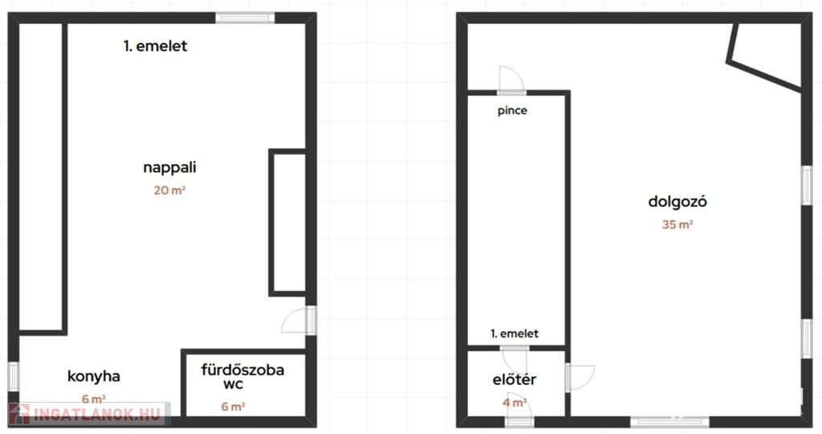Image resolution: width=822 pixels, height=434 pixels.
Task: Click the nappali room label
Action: pyautogui.click(x=169, y=168)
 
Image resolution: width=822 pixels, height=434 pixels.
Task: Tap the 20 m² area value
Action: pyautogui.click(x=169, y=190)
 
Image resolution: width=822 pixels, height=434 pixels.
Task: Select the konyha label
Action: pyautogui.click(x=94, y=376)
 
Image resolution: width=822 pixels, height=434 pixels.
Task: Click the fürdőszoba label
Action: pyautogui.click(x=242, y=370)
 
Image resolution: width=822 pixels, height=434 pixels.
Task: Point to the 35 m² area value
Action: pyautogui.click(x=678, y=224)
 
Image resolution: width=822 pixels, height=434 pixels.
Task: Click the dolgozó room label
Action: pyautogui.click(x=678, y=202)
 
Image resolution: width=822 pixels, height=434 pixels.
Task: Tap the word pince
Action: pyautogui.click(x=512, y=111)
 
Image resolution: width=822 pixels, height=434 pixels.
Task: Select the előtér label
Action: pyautogui.click(x=515, y=379)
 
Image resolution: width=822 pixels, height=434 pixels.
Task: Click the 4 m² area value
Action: pyautogui.click(x=515, y=403)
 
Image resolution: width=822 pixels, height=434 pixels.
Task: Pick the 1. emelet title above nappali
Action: pyautogui.click(x=156, y=46)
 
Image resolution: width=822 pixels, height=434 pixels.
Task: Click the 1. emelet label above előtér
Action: pyautogui.click(x=515, y=334)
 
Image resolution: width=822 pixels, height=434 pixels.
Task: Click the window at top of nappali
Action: pyautogui.click(x=245, y=18)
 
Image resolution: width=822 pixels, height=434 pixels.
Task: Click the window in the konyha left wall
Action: pyautogui.click(x=14, y=376)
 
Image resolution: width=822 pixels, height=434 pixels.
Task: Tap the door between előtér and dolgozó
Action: pyautogui.click(x=580, y=377)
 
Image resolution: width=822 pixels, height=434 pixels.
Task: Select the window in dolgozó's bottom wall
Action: pyautogui.click(x=669, y=421)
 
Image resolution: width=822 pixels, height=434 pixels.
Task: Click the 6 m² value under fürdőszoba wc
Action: pyautogui.click(x=233, y=407)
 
